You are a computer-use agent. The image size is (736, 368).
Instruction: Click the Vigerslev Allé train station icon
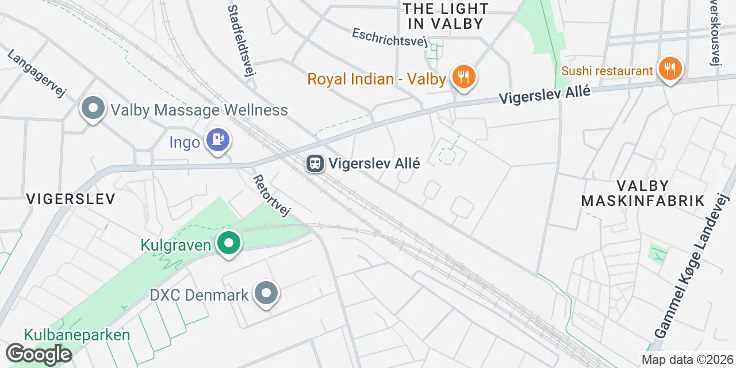pos(315,164)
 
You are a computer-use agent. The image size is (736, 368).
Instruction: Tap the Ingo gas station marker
pos(218,139)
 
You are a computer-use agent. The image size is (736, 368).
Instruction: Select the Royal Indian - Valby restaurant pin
pos(463,76)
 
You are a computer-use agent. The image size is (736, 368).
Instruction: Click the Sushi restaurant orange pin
pos(669,70)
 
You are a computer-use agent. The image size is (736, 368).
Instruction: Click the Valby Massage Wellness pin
pos(93,108)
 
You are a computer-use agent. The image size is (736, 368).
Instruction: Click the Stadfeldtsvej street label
pos(241,40)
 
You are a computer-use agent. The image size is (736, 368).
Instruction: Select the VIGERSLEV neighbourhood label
pos(71,199)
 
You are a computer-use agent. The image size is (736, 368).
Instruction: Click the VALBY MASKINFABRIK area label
pos(643,193)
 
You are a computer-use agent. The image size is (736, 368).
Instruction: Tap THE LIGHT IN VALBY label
pos(446,16)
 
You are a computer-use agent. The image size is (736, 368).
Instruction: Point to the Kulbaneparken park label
pos(77,335)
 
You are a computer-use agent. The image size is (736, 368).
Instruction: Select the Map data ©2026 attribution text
pos(687,360)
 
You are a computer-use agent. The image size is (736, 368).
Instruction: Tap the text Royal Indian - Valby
pos(377,79)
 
